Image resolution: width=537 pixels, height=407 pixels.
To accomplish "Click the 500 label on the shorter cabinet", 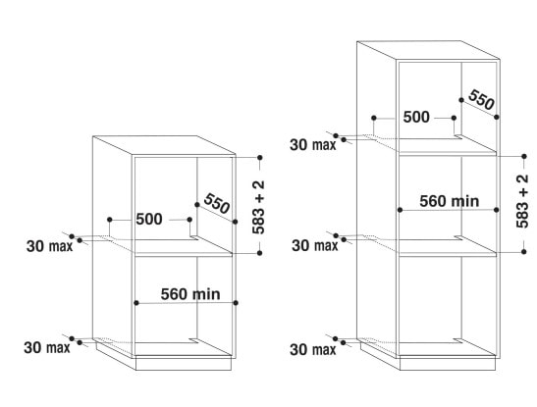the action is click(x=149, y=219).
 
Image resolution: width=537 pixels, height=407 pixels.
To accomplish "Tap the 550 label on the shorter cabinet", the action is click(x=216, y=203).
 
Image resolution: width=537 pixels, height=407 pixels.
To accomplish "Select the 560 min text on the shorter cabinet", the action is click(x=190, y=294).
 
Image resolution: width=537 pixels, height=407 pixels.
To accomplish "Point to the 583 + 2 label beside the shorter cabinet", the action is click(x=258, y=207).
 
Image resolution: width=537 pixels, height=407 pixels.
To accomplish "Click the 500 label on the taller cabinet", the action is click(x=416, y=117).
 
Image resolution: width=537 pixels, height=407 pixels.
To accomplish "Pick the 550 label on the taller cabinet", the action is click(x=481, y=99).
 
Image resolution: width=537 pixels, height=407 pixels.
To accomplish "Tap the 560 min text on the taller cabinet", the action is click(x=450, y=201).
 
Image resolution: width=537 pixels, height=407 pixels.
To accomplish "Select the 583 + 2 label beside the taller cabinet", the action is click(x=522, y=201).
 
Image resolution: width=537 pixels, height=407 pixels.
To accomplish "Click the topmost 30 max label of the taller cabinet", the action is click(x=313, y=145).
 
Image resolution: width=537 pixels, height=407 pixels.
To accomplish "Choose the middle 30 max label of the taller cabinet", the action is click(x=315, y=245).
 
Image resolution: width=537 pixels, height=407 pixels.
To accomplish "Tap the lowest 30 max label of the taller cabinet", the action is click(x=313, y=349).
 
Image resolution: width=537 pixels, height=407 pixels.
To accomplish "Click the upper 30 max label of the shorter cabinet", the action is click(x=50, y=246).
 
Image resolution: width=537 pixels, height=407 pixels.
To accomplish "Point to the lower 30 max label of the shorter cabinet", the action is click(x=47, y=348).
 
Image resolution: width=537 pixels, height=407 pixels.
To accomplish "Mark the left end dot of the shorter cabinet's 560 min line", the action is click(x=136, y=303).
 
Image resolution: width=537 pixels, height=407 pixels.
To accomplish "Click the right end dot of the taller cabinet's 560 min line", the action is click(x=497, y=210).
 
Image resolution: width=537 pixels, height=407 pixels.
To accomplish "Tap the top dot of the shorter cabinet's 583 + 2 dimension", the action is click(x=260, y=157).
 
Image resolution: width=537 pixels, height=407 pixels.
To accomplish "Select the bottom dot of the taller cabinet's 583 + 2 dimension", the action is click(x=524, y=251).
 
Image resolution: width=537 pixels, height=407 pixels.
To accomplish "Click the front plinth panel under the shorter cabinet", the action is click(x=184, y=364).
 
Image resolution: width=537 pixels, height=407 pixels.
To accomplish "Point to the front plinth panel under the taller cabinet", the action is click(x=448, y=364).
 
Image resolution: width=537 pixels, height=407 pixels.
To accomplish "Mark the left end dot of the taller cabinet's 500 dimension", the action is click(x=374, y=118).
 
